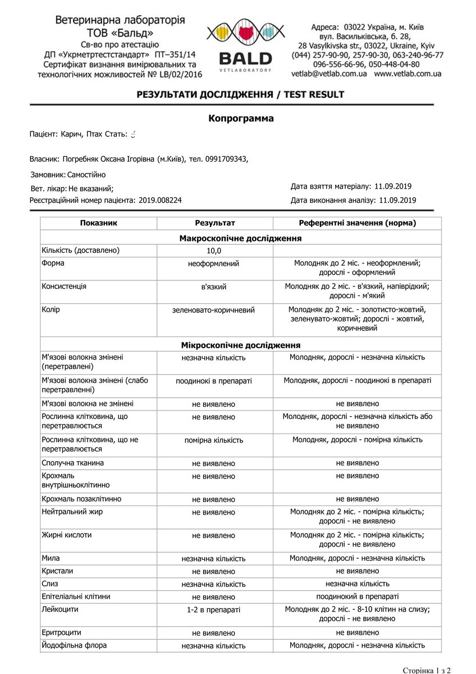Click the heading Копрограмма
pyautogui.click(x=241, y=119)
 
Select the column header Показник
pyautogui.click(x=98, y=223)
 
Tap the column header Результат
pyautogui.click(x=214, y=223)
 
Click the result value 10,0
pyautogui.click(x=214, y=251)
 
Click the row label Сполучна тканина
pyautogui.click(x=72, y=463)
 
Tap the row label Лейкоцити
pyautogui.click(x=60, y=609)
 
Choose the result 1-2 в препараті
pyautogui.click(x=213, y=609)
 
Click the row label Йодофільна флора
pyautogui.click(x=74, y=645)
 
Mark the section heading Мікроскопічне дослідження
pyautogui.click(x=240, y=345)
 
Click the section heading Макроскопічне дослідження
pyautogui.click(x=240, y=238)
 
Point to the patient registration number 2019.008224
pyautogui.click(x=160, y=200)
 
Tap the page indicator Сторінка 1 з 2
pyautogui.click(x=427, y=670)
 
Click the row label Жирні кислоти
pyautogui.click(x=66, y=535)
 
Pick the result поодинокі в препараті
pyautogui.click(x=213, y=381)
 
